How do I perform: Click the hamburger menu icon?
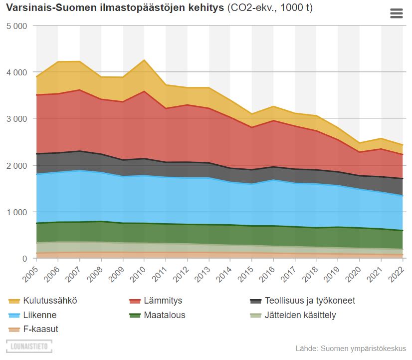tap(396, 13)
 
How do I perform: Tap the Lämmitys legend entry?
tap(162, 301)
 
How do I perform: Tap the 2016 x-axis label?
tap(267, 270)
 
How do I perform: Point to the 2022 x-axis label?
tap(397, 270)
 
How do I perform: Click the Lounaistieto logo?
tap(29, 346)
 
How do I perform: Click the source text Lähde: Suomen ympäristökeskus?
tap(351, 349)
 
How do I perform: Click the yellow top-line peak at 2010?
tap(144, 60)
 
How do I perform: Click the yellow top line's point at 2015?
tap(252, 114)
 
